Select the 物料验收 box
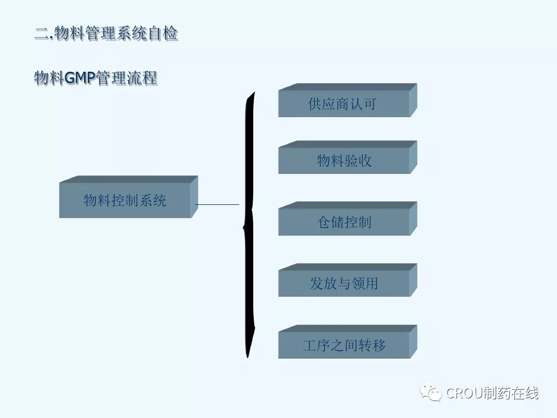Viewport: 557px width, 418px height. [343, 161]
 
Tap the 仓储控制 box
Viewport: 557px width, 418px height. [343, 222]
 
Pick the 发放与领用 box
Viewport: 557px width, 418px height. [343, 283]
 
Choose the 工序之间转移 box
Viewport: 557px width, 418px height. [343, 345]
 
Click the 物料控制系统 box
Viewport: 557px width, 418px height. [125, 200]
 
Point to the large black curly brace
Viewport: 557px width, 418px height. [250, 224]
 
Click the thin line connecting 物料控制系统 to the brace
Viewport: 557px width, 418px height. [218, 205]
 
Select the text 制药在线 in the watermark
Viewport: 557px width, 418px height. [510, 393]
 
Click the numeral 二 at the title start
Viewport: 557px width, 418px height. [41, 35]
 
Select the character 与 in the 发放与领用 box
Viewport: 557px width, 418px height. [344, 283]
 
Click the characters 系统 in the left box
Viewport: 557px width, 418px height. [153, 200]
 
